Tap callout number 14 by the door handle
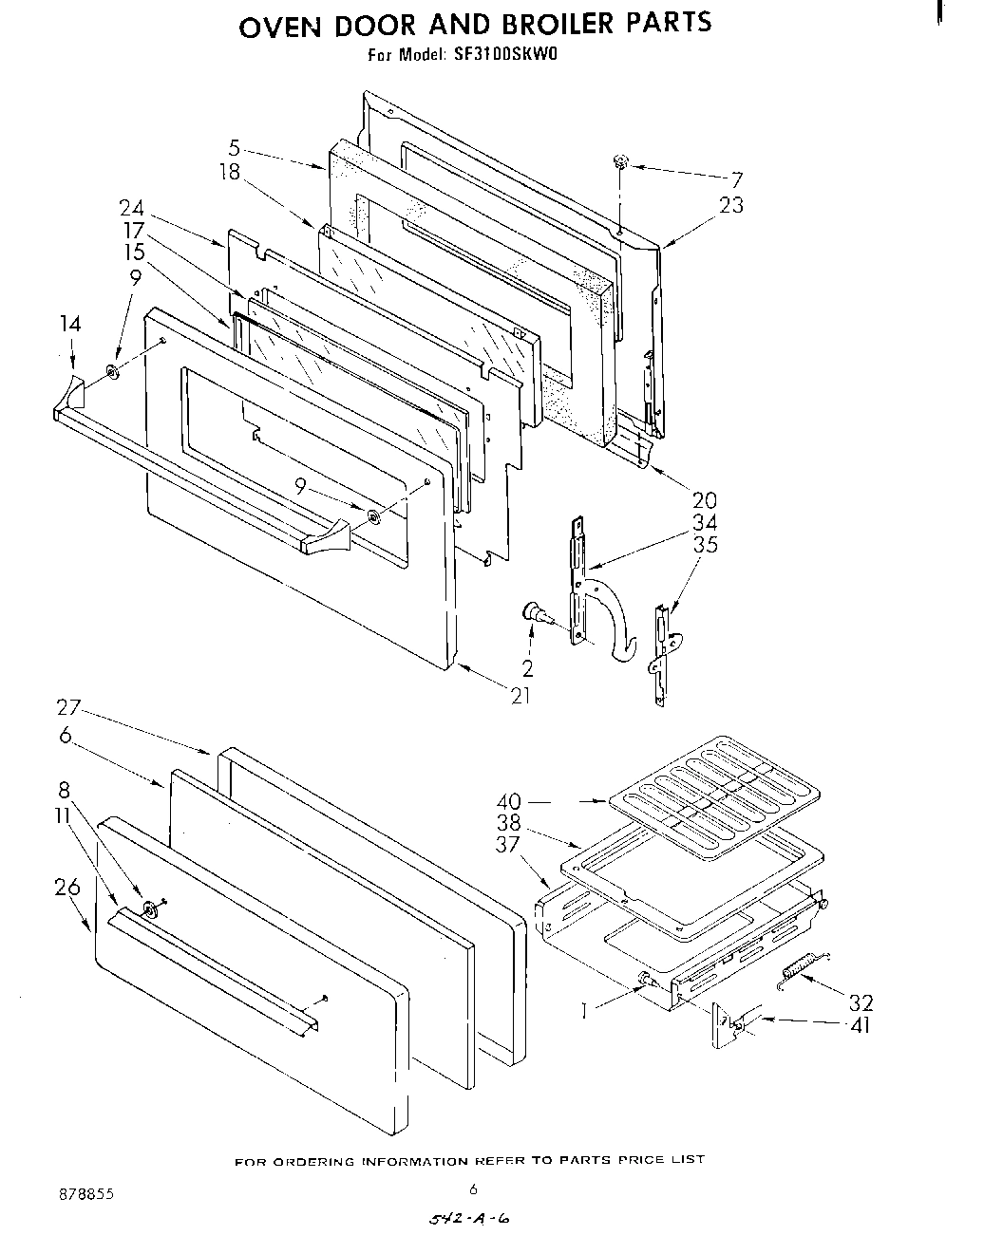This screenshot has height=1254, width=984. point(71,325)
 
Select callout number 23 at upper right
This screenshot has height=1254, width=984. point(731,205)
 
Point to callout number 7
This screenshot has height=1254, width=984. point(737,179)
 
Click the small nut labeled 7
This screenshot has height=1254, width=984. point(619,162)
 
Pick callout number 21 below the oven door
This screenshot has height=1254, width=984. point(520,696)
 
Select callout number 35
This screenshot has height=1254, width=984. point(705,545)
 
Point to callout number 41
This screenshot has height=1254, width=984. point(861,1025)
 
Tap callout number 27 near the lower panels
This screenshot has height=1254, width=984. point(68,707)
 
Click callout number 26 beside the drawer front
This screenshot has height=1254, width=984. point(67,887)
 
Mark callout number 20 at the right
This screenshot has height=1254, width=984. point(705,499)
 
